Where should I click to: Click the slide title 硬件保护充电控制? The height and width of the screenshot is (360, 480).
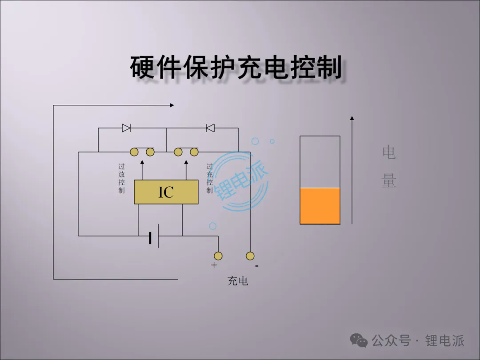236,68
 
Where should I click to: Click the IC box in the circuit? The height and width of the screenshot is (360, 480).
166,192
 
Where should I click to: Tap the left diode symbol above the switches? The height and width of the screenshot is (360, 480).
126,128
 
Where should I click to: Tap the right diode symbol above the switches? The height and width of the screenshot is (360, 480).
210,128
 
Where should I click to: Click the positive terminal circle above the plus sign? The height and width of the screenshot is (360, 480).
218,256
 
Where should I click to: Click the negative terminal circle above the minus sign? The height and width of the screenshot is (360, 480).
250,256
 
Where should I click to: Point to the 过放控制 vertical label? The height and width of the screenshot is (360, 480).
121,178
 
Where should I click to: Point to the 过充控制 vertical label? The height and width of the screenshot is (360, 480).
209,178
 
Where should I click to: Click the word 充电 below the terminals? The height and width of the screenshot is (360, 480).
238,281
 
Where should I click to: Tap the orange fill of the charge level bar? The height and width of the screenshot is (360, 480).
320,206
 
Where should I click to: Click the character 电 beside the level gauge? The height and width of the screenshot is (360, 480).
389,152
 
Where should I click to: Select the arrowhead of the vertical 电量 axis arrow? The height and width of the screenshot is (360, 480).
352,118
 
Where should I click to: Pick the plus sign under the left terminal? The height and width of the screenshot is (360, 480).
214,265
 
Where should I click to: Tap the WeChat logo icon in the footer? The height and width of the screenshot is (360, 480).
359,340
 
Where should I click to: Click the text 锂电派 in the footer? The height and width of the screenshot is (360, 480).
444,340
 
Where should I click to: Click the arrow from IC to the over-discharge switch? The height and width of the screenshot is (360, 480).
142,169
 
